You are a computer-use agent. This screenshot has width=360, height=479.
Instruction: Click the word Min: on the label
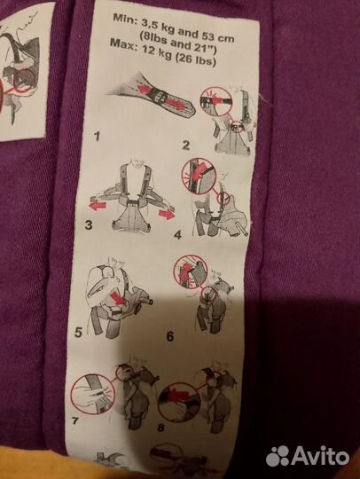pyautogui.click(x=124, y=19)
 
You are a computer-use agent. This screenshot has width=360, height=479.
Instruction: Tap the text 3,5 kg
pyautogui.click(x=158, y=27)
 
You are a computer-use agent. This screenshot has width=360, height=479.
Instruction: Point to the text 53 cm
pyautogui.click(x=218, y=36)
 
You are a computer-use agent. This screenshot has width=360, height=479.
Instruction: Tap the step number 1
pyautogui.click(x=97, y=137)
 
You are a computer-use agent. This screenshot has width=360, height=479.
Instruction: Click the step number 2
pyautogui.click(x=185, y=145)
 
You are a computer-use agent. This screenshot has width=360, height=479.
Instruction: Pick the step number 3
pyautogui.click(x=89, y=225)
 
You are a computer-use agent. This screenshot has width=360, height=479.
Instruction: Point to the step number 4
pyautogui.click(x=177, y=235)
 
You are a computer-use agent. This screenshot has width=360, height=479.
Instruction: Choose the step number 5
pyautogui.click(x=78, y=332)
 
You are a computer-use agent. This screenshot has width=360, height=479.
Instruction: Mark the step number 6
pyautogui.click(x=170, y=336)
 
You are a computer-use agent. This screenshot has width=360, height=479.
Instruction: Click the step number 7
pyautogui.click(x=75, y=421)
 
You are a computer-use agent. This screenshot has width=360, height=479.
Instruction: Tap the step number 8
pyautogui.click(x=160, y=428)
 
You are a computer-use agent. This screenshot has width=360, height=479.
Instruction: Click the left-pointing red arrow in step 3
pyautogui.click(x=98, y=206)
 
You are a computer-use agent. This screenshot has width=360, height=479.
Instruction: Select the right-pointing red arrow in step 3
pyautogui.click(x=167, y=214)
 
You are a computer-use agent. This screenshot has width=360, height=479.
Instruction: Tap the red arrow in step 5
pyautogui.click(x=119, y=298)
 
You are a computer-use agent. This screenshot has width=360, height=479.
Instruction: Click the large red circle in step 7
pyautogui.click(x=71, y=394)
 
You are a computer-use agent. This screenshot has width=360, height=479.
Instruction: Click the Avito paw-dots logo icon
pyautogui.click(x=278, y=457)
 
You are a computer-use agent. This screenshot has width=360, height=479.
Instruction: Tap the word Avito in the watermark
pyautogui.click(x=320, y=457)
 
